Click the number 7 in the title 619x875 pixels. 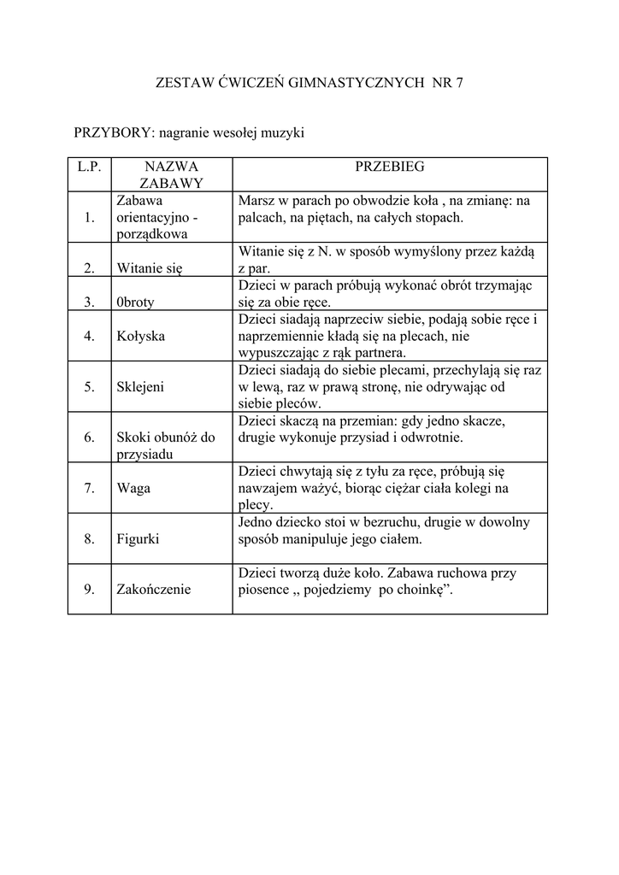[458, 83]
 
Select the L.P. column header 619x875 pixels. [89, 167]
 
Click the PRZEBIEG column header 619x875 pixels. [390, 167]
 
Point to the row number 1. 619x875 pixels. [89, 217]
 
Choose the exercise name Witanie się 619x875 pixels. [150, 268]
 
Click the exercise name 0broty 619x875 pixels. [138, 302]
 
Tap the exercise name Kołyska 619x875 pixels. [141, 336]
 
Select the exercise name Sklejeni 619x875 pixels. [141, 386]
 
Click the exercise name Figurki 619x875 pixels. [139, 539]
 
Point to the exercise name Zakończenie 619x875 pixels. [154, 589]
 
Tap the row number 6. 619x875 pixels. [89, 437]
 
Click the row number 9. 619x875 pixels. [89, 589]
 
